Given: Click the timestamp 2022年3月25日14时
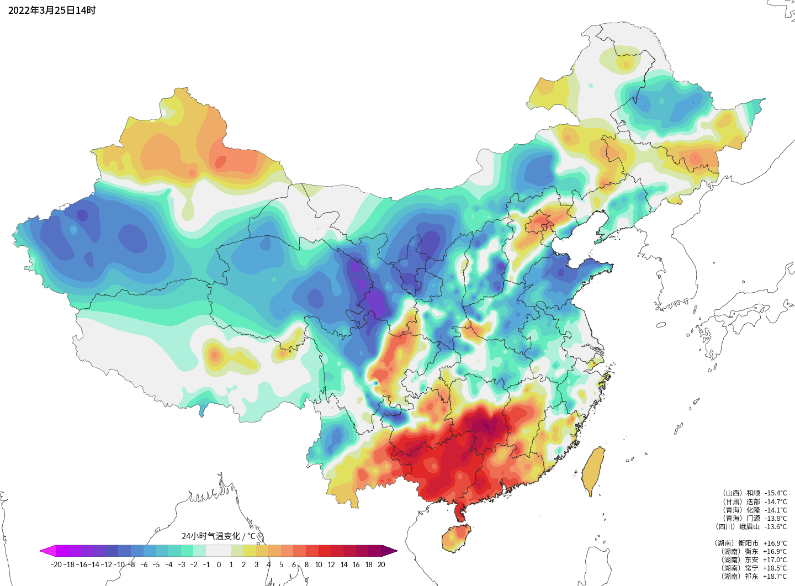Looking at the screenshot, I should tap(52, 10).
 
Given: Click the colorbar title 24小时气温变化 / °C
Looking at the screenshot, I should tap(219, 536).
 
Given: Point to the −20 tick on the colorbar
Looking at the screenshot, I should tap(56, 564).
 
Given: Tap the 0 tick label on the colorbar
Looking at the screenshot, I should tap(219, 564).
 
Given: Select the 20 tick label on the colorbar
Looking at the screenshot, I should tap(381, 564).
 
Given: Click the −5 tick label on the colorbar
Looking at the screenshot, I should tap(156, 564).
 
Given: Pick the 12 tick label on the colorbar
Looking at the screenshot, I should tap(331, 564).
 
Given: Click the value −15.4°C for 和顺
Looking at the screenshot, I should tap(776, 493).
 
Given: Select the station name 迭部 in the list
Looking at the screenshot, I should tap(753, 501).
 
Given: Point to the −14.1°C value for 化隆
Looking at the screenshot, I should tap(776, 510).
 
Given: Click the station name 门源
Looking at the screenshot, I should tap(753, 518).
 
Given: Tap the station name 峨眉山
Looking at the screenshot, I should tap(749, 526).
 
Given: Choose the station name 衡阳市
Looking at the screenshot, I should tap(749, 543).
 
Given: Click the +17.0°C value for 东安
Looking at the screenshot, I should tap(775, 559).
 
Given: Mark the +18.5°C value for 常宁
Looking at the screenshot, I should tap(775, 568).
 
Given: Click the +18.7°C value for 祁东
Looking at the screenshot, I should tap(775, 576).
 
